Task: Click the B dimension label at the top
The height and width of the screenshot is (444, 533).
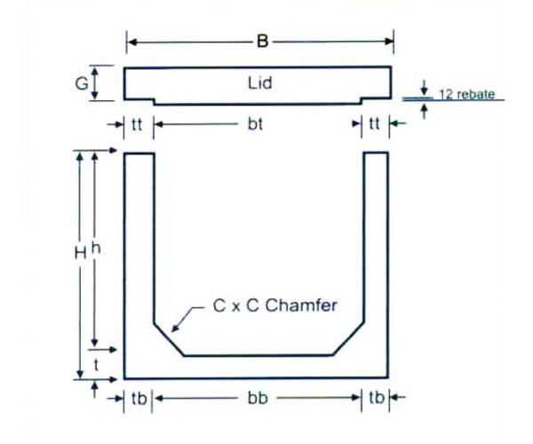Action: (260, 40)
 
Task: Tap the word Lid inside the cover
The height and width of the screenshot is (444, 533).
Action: (259, 84)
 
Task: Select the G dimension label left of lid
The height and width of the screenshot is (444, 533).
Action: (81, 84)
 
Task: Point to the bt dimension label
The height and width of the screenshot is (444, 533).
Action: (256, 125)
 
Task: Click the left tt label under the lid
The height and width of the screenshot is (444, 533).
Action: (137, 125)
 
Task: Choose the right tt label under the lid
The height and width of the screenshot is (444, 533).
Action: (374, 125)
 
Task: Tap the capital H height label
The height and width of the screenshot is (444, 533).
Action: (79, 253)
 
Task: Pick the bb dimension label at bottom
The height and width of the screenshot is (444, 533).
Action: (257, 399)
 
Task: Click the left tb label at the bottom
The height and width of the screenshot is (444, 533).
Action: (137, 399)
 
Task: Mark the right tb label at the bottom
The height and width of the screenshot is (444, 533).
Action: (376, 399)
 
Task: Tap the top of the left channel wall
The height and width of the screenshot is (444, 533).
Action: (139, 154)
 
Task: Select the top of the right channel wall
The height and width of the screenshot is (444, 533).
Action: (376, 154)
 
